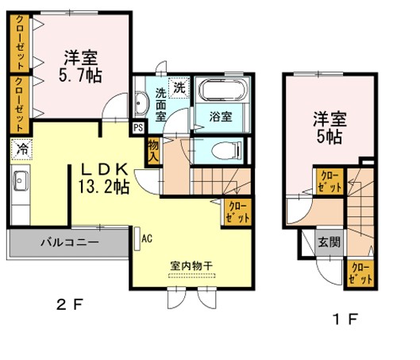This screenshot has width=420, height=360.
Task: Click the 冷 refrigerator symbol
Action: tap(22, 149)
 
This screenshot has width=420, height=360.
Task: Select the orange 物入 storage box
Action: tap(153, 149)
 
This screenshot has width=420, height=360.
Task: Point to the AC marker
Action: tap(147, 237)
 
